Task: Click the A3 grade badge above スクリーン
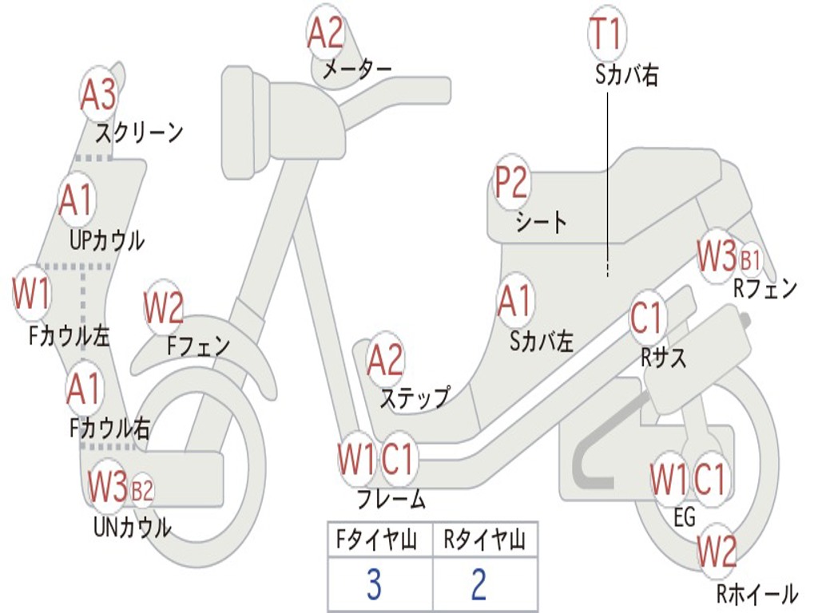pyautogui.click(x=98, y=95)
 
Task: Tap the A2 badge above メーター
pyautogui.click(x=326, y=34)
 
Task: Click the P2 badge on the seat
pyautogui.click(x=511, y=184)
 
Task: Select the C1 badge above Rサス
pyautogui.click(x=647, y=318)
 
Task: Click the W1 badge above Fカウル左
pyautogui.click(x=32, y=295)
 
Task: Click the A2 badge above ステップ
pyautogui.click(x=386, y=360)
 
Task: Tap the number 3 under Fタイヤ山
pyautogui.click(x=374, y=585)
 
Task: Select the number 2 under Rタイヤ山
pyautogui.click(x=478, y=585)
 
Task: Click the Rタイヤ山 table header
pyautogui.click(x=484, y=541)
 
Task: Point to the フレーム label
pyautogui.click(x=391, y=500)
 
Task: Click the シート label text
pyautogui.click(x=541, y=221)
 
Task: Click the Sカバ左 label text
pyautogui.click(x=542, y=342)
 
